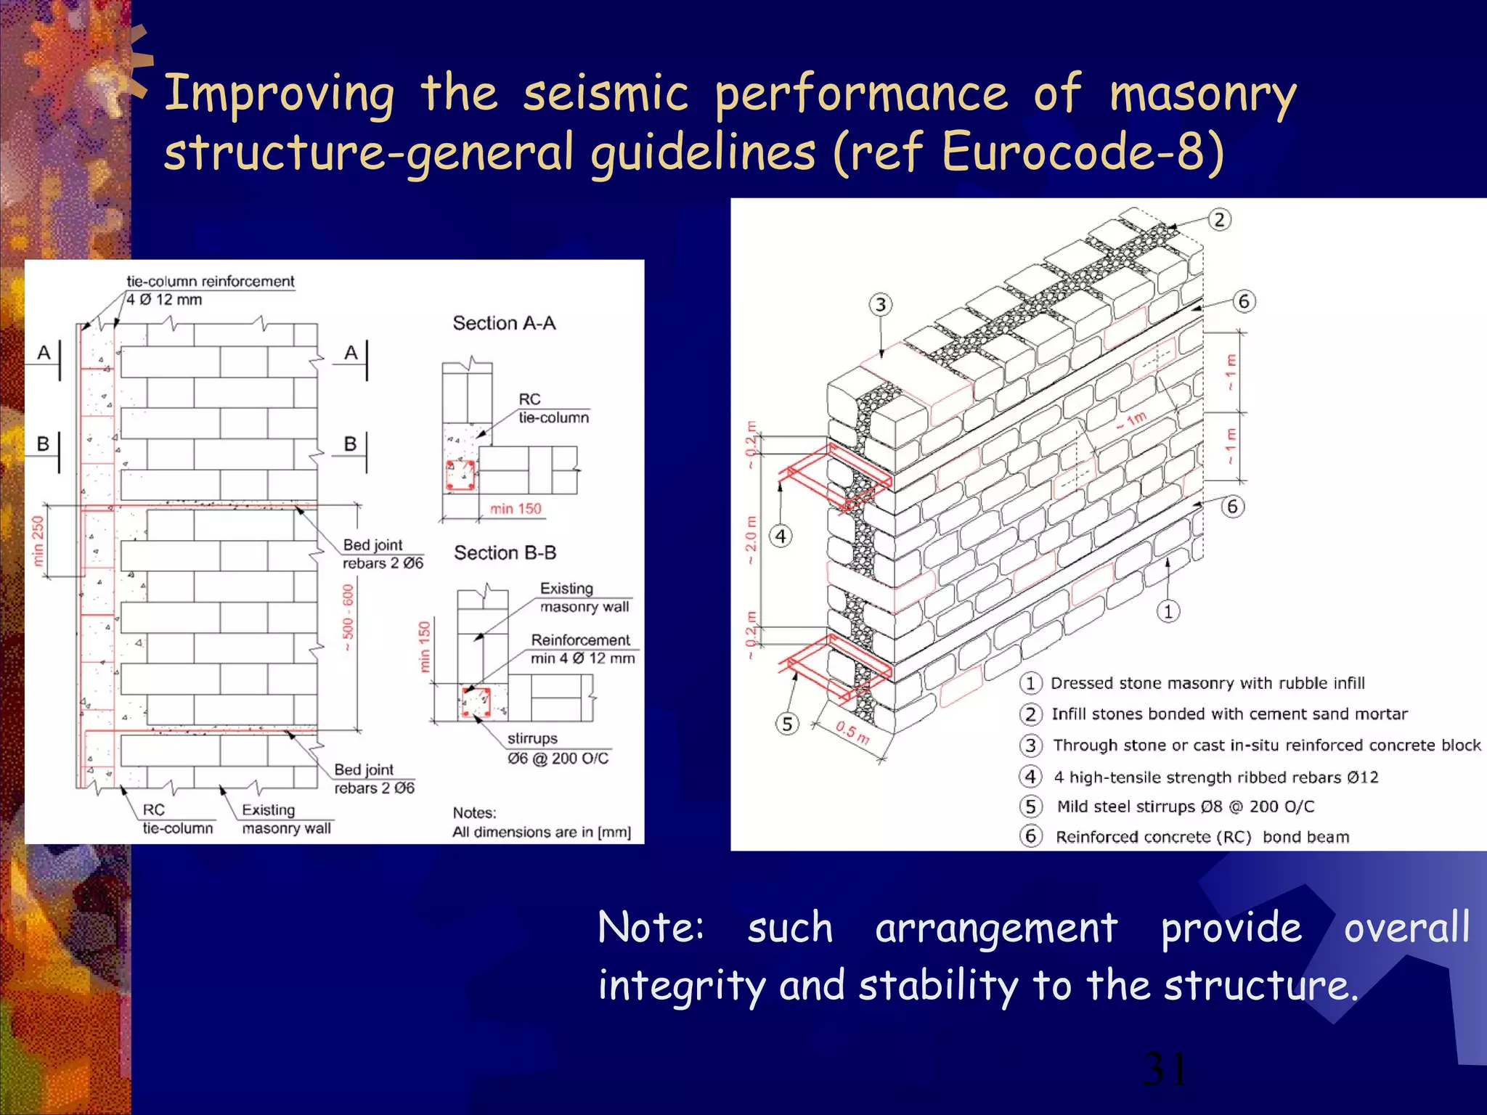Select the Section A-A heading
click(504, 323)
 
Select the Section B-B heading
click(505, 552)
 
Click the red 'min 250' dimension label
click(38, 541)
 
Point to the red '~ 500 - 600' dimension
click(348, 617)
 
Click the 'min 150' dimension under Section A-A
click(515, 509)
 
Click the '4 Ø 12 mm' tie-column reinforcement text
click(164, 300)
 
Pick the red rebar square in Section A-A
click(460, 475)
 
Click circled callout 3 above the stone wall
click(880, 304)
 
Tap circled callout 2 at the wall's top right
click(1219, 219)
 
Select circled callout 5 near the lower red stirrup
click(787, 724)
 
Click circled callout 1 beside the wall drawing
click(1168, 611)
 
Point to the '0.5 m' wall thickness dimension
click(851, 732)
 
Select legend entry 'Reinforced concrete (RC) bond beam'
click(1202, 837)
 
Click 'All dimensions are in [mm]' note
click(542, 832)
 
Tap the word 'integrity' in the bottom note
click(681, 986)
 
